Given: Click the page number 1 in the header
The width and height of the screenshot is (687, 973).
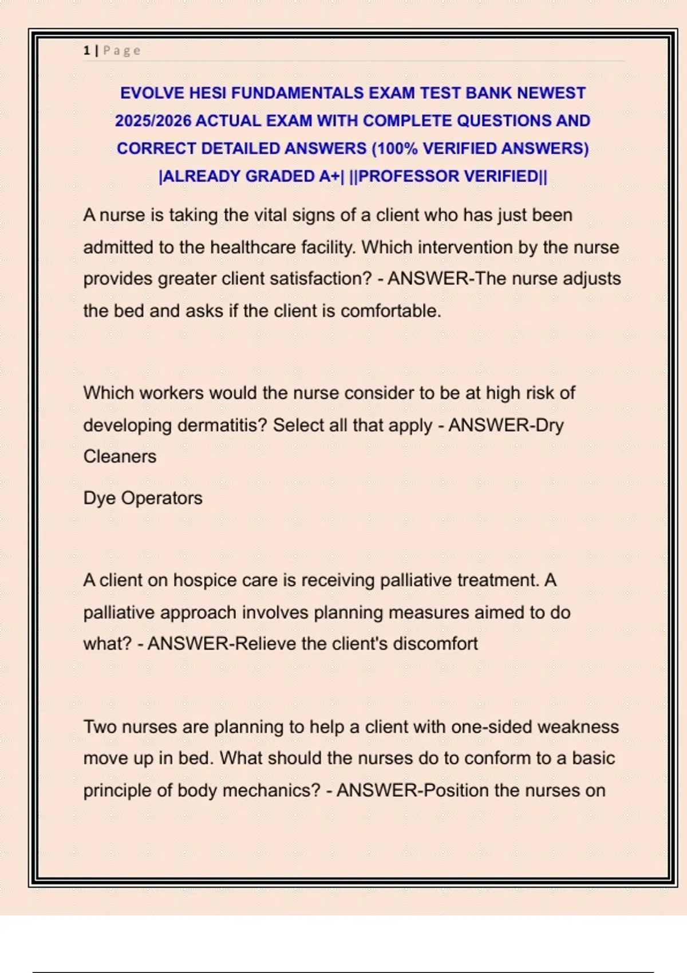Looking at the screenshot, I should pyautogui.click(x=86, y=51).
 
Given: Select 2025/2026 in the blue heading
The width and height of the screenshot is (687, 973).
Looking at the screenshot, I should pyautogui.click(x=153, y=121).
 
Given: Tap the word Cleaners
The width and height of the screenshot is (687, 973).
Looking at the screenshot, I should pyautogui.click(x=120, y=457).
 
